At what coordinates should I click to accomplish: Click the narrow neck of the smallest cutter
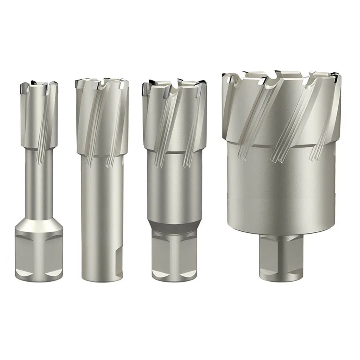[39, 188]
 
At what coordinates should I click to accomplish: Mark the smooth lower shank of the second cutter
[100, 224]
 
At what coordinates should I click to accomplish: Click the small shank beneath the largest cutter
[279, 256]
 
